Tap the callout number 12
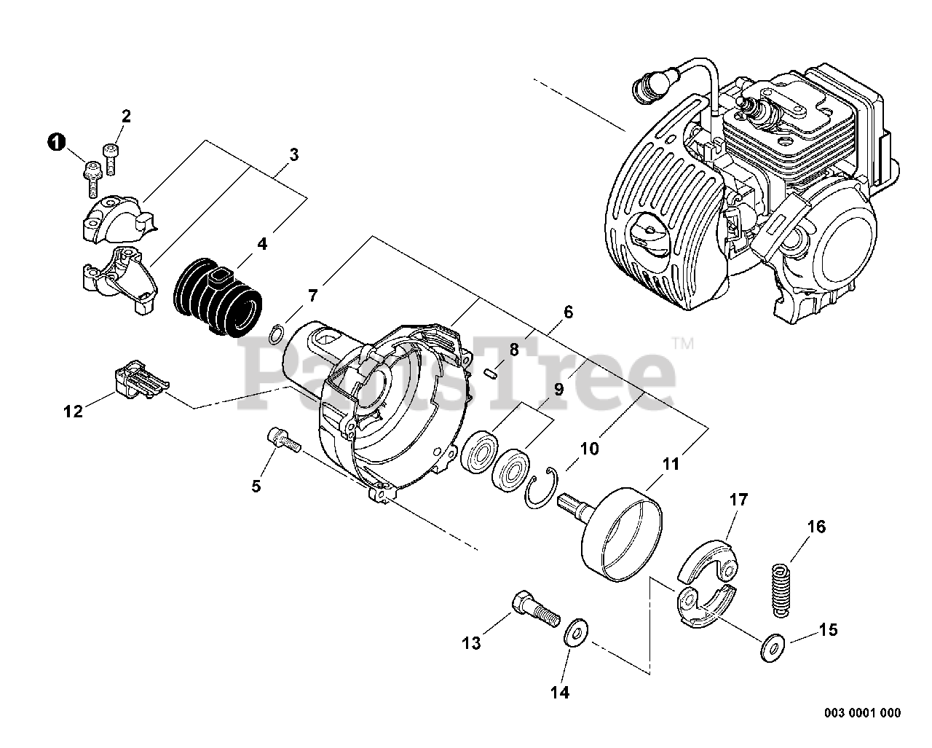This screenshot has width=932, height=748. coord(73,411)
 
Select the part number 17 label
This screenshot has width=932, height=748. coord(738,500)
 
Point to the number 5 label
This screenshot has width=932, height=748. coord(256,485)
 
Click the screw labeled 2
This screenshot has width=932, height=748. coord(111,157)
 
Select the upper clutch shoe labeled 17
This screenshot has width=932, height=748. coord(707,562)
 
